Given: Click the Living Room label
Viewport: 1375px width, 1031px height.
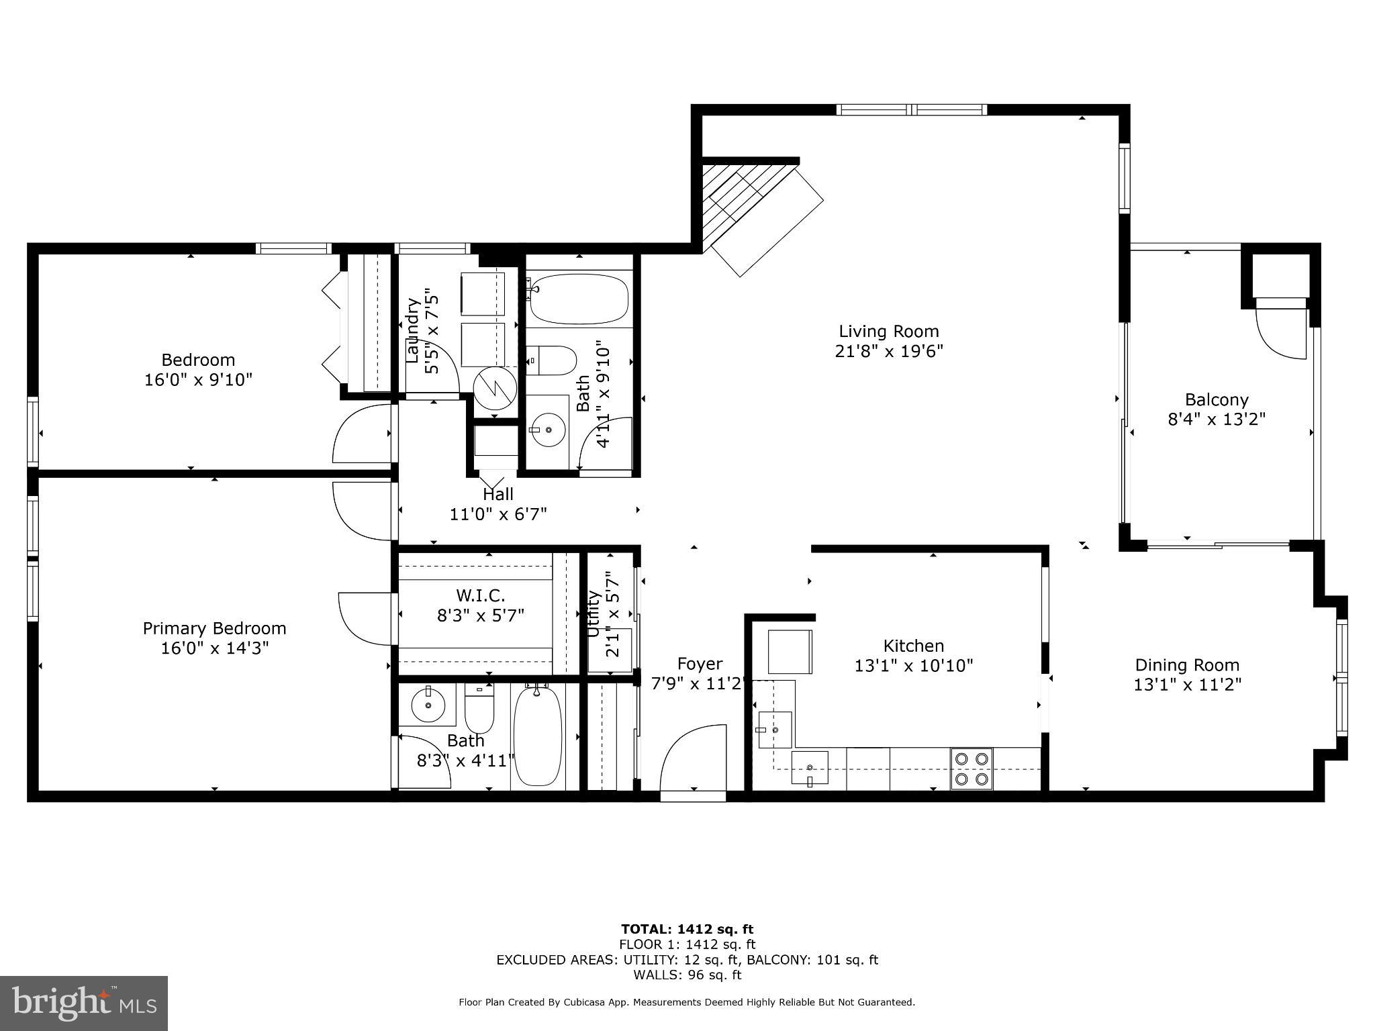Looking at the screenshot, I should point(888,331).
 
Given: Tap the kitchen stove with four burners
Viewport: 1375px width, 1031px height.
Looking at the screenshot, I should point(971,769).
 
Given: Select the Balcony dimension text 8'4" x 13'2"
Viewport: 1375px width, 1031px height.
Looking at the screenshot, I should point(1217,420).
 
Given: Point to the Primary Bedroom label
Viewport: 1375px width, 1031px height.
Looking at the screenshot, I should point(214,628).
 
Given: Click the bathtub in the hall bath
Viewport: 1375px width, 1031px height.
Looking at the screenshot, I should point(579,299).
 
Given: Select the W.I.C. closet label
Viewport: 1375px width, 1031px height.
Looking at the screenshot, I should point(480,595).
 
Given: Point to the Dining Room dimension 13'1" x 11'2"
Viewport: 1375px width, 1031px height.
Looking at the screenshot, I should point(1187,685).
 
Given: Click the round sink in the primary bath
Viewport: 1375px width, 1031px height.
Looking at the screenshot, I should point(427,705).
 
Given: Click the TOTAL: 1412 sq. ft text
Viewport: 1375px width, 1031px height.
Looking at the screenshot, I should point(687,929).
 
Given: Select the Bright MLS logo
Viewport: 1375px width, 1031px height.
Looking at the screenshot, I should point(84,1003).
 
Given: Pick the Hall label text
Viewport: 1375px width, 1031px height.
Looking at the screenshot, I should point(497,495).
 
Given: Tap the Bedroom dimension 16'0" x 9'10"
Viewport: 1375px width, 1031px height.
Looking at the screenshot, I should point(198,380).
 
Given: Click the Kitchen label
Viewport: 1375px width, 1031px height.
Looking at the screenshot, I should point(913,646).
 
